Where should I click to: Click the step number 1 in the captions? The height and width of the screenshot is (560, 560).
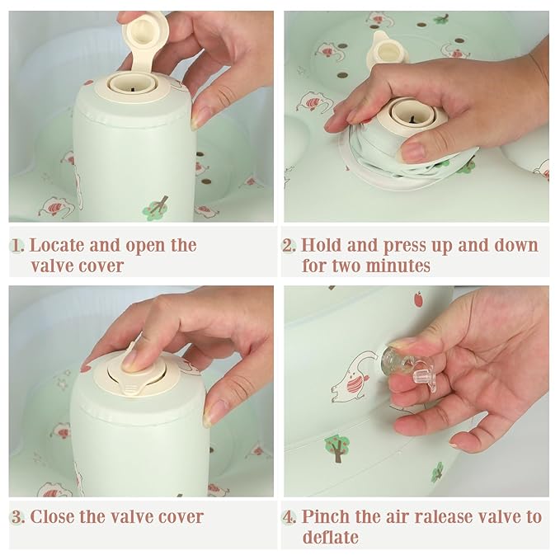17,246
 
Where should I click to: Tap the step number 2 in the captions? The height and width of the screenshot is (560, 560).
289,246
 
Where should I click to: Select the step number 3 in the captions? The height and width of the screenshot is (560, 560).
18,517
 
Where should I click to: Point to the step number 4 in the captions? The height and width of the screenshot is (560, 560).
289,517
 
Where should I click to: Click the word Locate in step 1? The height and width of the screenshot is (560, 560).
57,245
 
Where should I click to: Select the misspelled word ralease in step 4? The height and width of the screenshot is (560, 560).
440,517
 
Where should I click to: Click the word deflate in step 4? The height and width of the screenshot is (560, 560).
331,538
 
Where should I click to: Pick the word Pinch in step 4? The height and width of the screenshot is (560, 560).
325,517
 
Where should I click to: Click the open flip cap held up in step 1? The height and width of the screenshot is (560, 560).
142,40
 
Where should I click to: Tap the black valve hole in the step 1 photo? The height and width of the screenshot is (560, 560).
133,89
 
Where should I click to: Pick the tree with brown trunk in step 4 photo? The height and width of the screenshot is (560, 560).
337,449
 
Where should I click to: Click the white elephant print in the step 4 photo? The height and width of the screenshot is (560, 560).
354,379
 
